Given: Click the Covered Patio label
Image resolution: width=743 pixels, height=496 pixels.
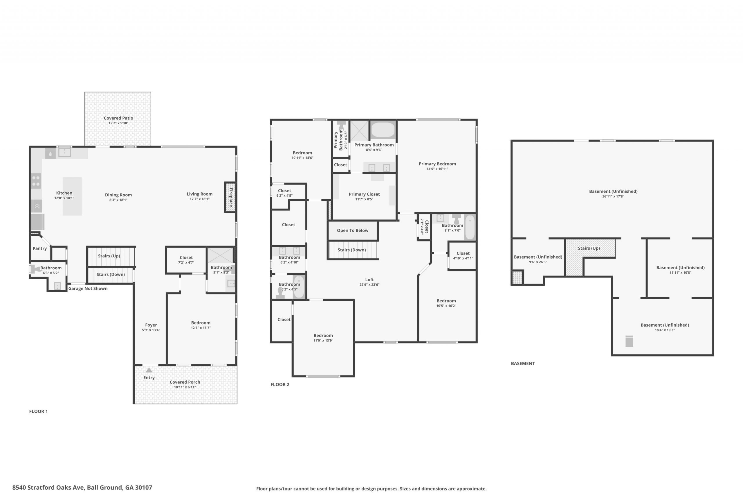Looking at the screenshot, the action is pyautogui.click(x=118, y=118).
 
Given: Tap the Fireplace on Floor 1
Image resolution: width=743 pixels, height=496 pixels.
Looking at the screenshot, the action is pyautogui.click(x=230, y=197).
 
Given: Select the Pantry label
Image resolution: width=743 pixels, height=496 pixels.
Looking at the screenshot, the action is pyautogui.click(x=40, y=248).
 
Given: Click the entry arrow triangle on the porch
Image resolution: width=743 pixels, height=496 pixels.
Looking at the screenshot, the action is pyautogui.click(x=149, y=370).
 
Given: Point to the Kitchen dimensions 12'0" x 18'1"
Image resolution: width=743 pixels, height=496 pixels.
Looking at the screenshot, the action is pyautogui.click(x=64, y=198).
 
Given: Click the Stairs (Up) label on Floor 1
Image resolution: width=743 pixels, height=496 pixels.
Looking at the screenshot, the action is pyautogui.click(x=109, y=256).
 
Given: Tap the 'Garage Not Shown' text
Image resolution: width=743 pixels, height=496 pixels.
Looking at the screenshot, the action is pyautogui.click(x=88, y=289).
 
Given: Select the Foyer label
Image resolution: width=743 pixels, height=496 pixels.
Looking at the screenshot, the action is pyautogui.click(x=151, y=325).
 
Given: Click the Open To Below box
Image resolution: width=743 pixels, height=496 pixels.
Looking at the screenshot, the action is pyautogui.click(x=353, y=231).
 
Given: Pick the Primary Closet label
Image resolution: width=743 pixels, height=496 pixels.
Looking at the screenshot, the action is pyautogui.click(x=364, y=194).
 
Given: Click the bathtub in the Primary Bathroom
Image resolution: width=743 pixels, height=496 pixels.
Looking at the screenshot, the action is pyautogui.click(x=383, y=129).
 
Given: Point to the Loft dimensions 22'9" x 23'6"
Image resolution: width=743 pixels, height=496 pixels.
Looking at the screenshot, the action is pyautogui.click(x=369, y=285).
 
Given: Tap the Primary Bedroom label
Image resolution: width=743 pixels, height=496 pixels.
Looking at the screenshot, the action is pyautogui.click(x=437, y=164).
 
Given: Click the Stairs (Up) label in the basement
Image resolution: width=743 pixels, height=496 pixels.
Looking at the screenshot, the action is pyautogui.click(x=589, y=248).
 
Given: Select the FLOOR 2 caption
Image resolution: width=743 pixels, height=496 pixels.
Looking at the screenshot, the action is pyautogui.click(x=280, y=385).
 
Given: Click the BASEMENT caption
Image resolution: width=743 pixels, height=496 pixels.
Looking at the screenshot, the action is pyautogui.click(x=523, y=364).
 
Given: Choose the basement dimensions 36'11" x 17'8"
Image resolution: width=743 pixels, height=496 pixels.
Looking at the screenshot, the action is pyautogui.click(x=613, y=196).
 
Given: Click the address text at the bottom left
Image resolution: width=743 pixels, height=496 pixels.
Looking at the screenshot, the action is pyautogui.click(x=82, y=488).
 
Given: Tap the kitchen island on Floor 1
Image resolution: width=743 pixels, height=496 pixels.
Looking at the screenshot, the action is pyautogui.click(x=72, y=196).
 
